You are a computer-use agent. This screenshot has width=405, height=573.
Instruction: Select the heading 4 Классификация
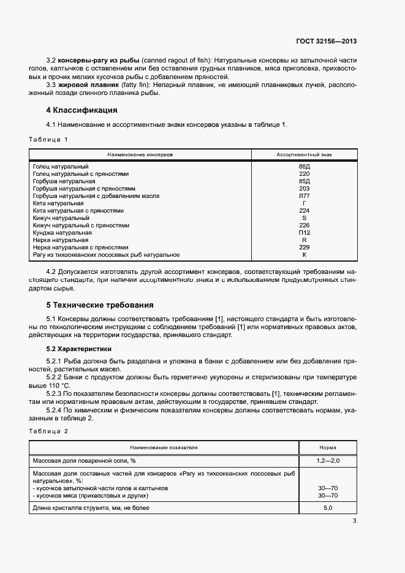tap(81, 110)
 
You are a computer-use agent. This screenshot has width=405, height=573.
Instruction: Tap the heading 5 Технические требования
tap(99, 305)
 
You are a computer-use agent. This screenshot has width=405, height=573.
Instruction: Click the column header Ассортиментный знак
tap(304, 155)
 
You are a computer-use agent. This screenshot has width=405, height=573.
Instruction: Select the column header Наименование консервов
tap(140, 155)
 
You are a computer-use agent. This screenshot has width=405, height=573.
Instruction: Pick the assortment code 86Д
tap(304, 167)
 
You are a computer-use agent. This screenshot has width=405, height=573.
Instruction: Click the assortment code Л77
tap(304, 196)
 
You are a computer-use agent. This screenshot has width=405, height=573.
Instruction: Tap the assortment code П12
tap(304, 233)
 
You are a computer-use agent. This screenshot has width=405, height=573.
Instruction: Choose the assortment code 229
tap(304, 247)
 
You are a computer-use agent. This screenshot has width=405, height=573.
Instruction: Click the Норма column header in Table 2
tap(327, 447)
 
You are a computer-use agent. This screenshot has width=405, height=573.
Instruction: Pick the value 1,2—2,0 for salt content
tap(327, 460)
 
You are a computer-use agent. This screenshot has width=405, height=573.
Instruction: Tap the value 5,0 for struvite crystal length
tap(327, 508)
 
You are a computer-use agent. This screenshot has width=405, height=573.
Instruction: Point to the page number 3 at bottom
tap(354, 522)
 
